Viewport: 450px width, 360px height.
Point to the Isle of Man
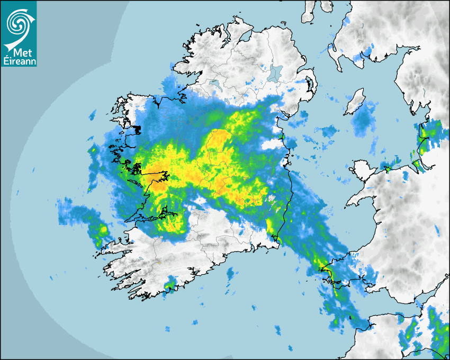pyautogui.click(x=354, y=102)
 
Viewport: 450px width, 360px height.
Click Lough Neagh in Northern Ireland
pyautogui.click(x=276, y=73)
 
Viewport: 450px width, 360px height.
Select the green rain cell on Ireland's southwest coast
pyautogui.click(x=170, y=286)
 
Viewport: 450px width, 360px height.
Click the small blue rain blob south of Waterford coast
pyautogui.click(x=230, y=274)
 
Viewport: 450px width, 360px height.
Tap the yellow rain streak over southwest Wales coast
pyautogui.click(x=326, y=273)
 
